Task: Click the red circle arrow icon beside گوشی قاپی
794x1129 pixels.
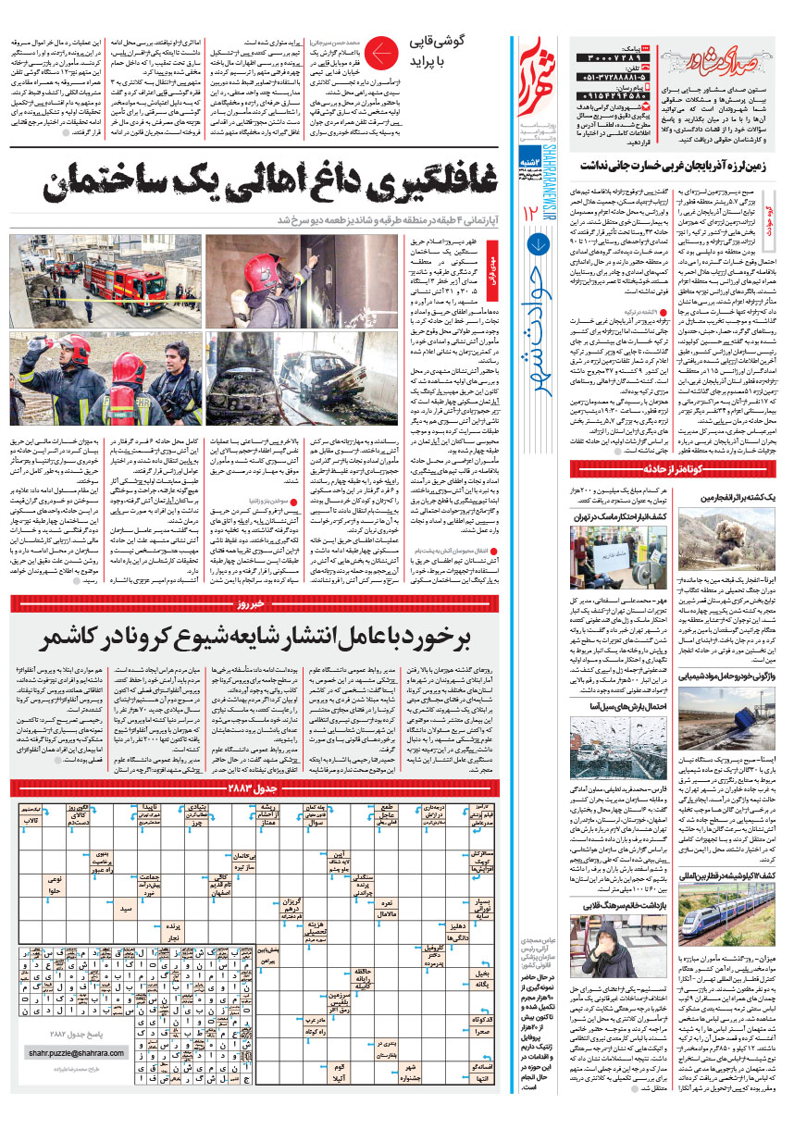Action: (379, 56)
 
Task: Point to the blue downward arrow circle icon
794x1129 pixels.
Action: (540, 245)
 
